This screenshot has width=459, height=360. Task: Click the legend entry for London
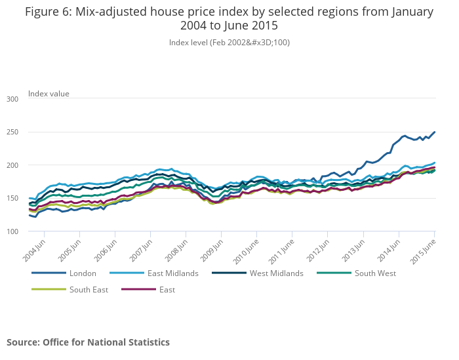pos(83,273)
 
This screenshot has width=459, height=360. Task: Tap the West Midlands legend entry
pos(276,273)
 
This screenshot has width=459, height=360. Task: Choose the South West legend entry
pos(375,273)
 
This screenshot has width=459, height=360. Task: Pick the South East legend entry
pos(88,289)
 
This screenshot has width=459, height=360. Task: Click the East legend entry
pos(167,289)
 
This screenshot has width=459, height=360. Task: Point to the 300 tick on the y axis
pos(12,99)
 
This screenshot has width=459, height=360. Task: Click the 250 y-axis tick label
pos(12,132)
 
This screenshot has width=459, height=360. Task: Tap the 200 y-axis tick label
pos(12,165)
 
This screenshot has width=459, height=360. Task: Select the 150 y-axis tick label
pos(12,199)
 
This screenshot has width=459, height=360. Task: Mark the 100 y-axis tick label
pos(12,231)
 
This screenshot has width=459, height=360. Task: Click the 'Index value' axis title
pos(49,94)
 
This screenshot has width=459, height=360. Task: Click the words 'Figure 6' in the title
pos(49,12)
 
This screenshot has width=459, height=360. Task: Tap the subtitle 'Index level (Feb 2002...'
pos(229,43)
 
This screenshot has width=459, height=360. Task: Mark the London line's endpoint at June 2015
pos(435,132)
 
